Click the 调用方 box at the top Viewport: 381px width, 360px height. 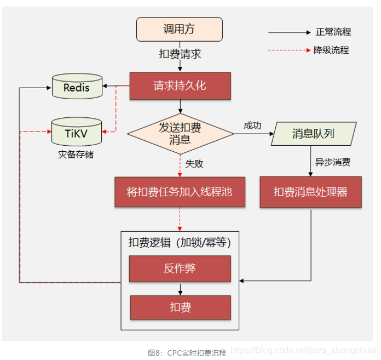coord(179,29)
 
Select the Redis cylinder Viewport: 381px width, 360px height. coord(77,87)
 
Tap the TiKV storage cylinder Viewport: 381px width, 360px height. coord(77,132)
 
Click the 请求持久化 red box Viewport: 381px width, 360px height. coord(180,86)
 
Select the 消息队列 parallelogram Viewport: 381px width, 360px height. coord(313,134)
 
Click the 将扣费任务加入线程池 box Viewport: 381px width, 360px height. coord(180,192)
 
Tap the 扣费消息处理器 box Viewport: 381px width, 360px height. coord(310,192)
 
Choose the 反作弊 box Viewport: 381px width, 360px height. coord(180,268)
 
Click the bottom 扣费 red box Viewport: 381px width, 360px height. coord(180,307)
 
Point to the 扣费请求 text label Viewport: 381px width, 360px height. coord(180,54)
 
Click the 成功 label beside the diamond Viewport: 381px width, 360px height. coord(252,125)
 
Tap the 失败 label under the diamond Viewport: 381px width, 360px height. coord(194,163)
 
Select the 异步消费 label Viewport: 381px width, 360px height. coord(333,162)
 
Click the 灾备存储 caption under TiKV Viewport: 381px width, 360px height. coord(76,154)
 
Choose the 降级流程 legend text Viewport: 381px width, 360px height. coord(331,50)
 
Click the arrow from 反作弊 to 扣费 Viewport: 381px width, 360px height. coord(180,288)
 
